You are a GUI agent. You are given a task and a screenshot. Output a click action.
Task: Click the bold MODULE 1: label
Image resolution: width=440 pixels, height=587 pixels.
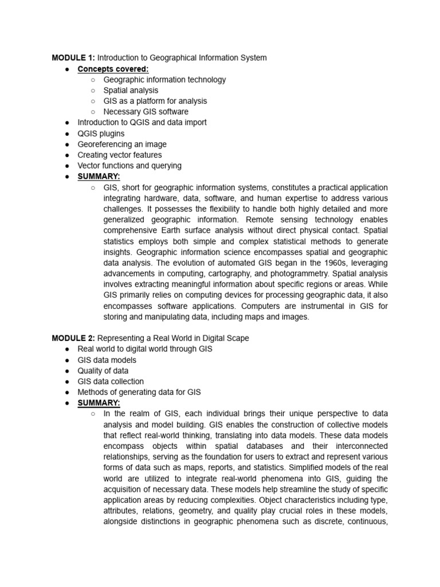tap(73, 58)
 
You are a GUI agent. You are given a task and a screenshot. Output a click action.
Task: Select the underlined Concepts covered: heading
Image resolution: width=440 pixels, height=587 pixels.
tap(113, 69)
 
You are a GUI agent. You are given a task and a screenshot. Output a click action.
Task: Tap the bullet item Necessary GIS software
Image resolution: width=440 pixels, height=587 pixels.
tap(146, 112)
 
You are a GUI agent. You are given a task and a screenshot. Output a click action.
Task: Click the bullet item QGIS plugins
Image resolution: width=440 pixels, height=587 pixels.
tap(101, 134)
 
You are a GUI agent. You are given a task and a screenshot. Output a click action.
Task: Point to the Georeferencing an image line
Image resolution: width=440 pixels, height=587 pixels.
tap(122, 144)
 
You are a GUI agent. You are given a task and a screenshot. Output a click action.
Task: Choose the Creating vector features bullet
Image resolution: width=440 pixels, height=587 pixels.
tap(120, 155)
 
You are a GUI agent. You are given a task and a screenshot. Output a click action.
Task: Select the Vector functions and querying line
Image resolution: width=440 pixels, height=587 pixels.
tap(129, 166)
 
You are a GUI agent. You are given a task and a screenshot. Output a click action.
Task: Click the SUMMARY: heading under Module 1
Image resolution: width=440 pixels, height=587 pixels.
tap(99, 177)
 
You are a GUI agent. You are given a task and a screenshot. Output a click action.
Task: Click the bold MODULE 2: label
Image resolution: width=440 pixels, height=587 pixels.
tap(73, 338)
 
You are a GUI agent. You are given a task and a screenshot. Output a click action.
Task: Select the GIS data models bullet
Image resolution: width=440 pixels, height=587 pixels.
tap(107, 360)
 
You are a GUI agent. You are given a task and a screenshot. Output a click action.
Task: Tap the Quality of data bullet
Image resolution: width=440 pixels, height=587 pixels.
tap(103, 371)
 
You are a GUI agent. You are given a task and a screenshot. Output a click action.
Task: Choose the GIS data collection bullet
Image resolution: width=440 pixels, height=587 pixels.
tap(111, 381)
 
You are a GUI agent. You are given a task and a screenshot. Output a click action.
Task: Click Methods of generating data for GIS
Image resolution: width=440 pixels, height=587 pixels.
tap(139, 392)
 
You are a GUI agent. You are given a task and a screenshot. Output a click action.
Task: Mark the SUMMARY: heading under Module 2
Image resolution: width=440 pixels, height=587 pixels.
tap(99, 403)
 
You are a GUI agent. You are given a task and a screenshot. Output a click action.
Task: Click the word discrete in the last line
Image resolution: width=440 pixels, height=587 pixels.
tap(301, 511)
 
